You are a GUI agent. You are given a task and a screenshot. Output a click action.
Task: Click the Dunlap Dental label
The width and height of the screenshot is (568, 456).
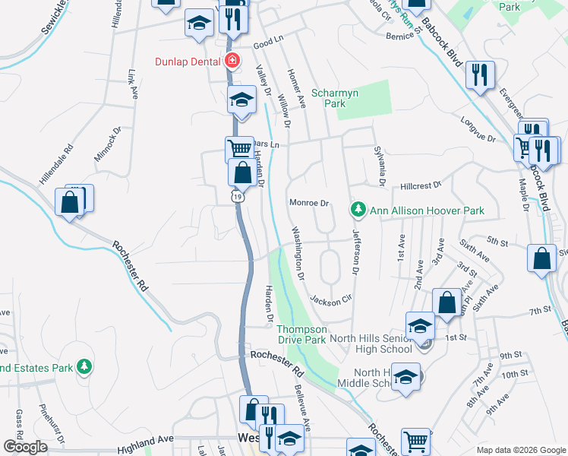pyautogui.click(x=188, y=62)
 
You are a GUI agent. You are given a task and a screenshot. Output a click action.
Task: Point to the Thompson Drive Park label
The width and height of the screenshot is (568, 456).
pyautogui.click(x=301, y=334)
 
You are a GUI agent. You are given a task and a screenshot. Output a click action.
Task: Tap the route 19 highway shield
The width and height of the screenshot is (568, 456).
pyautogui.click(x=238, y=196)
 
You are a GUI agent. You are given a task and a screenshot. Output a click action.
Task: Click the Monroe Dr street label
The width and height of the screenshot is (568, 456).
pyautogui.click(x=308, y=203)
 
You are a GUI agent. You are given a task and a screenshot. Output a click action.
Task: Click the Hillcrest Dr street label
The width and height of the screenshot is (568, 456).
pyautogui.click(x=421, y=185)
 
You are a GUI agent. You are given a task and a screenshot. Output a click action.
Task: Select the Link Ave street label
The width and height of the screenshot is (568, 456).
pyautogui.click(x=134, y=85)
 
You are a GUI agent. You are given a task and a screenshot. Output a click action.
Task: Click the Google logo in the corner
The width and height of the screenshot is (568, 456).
pyautogui.click(x=25, y=447)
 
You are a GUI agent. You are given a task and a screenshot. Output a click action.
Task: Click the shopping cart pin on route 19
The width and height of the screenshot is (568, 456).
pyautogui.click(x=239, y=148)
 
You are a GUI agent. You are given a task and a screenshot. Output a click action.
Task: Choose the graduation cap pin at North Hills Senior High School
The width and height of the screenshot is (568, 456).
pyautogui.click(x=420, y=326)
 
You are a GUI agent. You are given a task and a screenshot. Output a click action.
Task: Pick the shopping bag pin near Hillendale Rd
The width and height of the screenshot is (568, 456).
pyautogui.click(x=70, y=203)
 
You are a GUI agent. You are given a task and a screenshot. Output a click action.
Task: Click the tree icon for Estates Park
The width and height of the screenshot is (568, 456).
pyautogui.click(x=84, y=368)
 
